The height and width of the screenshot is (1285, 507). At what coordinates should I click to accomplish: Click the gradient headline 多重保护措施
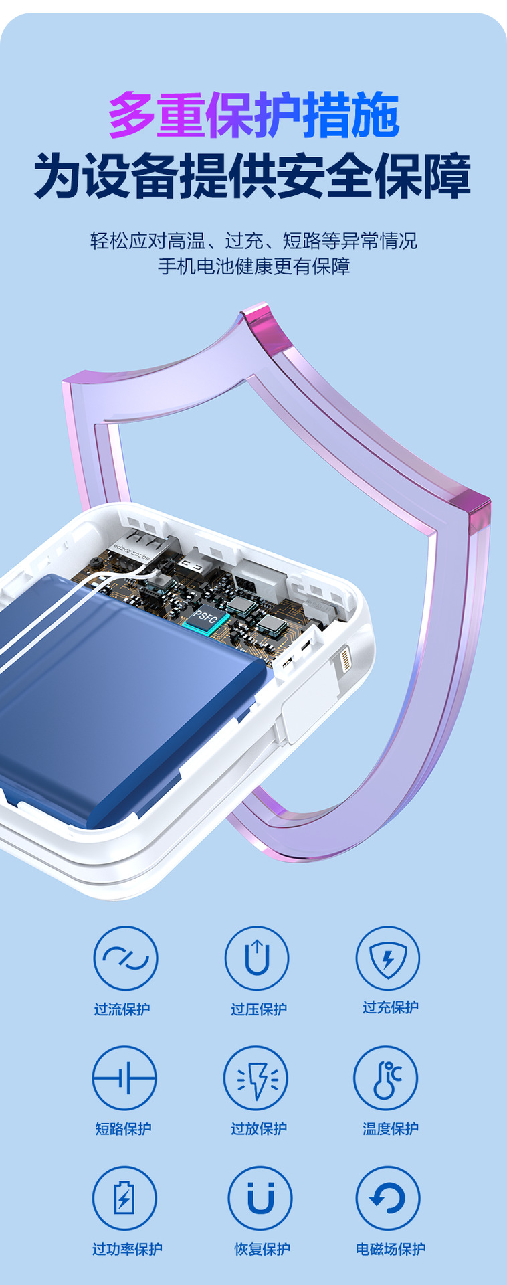(x=254, y=115)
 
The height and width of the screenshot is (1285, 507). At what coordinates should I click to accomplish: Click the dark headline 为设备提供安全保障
(x=253, y=176)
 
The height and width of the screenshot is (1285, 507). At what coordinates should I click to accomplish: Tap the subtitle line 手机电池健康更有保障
(x=254, y=266)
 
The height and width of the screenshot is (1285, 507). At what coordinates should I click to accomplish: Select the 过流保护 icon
(x=126, y=958)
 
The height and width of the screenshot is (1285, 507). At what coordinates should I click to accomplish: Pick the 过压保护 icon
(x=257, y=958)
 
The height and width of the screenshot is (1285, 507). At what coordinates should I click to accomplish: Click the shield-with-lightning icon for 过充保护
(x=388, y=958)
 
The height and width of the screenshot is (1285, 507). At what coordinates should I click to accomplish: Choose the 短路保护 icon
(x=124, y=1078)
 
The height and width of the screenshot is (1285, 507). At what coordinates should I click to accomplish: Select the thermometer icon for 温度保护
(x=386, y=1078)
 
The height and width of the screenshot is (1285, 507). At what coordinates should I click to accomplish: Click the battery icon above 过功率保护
(x=124, y=1198)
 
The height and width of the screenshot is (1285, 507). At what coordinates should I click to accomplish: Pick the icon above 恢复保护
(x=260, y=1198)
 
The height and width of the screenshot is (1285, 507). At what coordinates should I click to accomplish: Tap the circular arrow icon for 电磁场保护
(x=388, y=1198)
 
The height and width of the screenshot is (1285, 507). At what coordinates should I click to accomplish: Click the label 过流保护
(x=122, y=1009)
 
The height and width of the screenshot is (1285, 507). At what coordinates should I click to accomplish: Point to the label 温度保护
(x=391, y=1128)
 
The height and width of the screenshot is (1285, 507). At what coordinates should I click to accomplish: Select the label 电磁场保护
(x=391, y=1248)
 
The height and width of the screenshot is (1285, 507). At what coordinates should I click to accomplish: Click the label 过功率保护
(x=127, y=1248)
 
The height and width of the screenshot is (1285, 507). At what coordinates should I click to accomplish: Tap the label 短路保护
(x=124, y=1128)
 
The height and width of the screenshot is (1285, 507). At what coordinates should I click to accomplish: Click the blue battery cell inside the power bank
(x=120, y=696)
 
